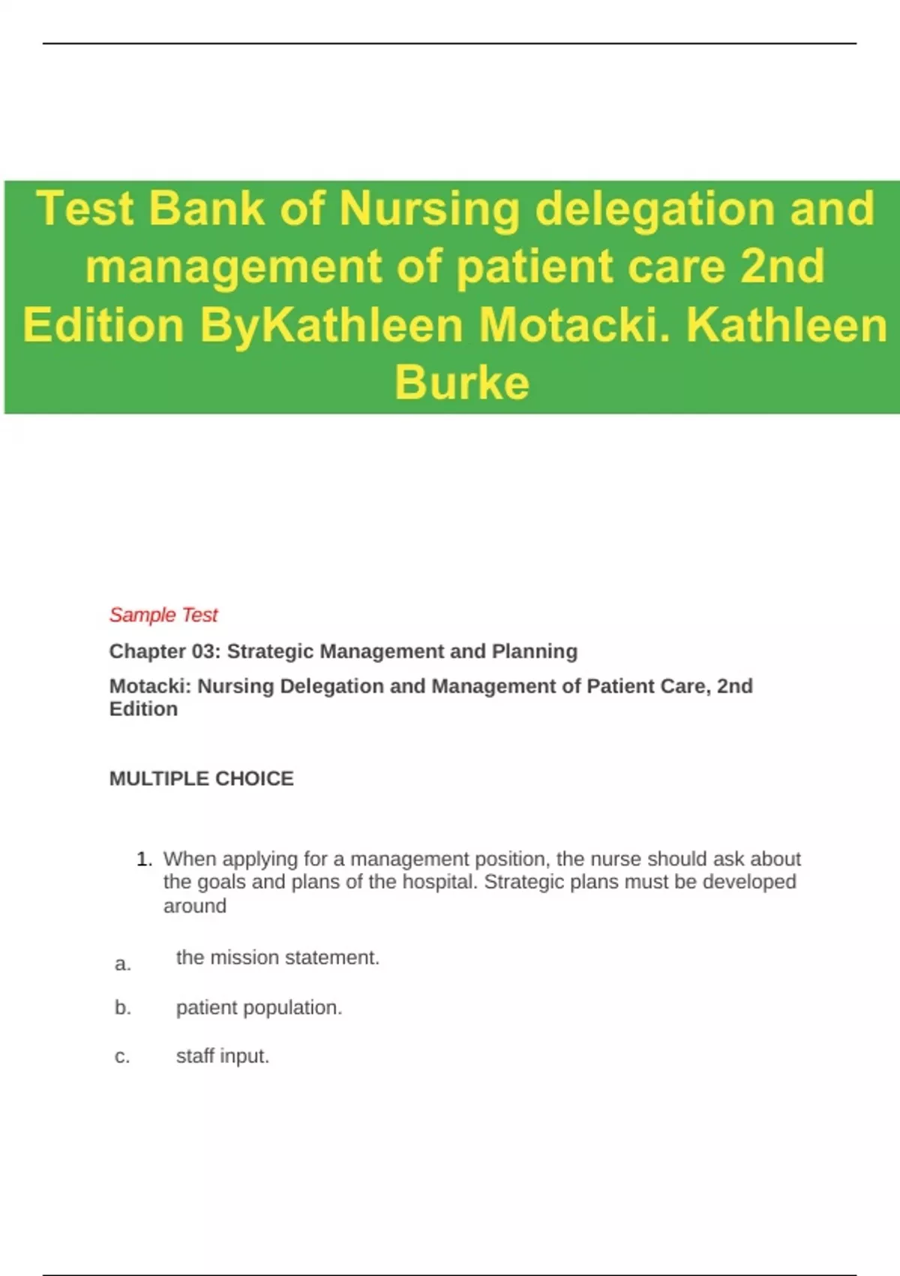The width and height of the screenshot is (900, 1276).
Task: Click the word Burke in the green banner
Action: point(462,383)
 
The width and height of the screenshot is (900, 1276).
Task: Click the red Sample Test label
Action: point(163,615)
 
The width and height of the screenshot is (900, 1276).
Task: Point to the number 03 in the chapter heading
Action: point(204,652)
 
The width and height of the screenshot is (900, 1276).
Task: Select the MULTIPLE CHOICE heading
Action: point(201,778)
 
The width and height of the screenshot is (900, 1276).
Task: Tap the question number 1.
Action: point(143,859)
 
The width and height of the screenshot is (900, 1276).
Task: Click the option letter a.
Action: point(122,965)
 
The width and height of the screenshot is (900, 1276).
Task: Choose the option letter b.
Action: point(122,1008)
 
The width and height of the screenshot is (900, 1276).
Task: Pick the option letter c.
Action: point(122,1057)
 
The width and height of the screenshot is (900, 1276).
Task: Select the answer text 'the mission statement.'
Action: point(277,958)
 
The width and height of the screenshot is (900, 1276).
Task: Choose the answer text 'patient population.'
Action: point(259,1008)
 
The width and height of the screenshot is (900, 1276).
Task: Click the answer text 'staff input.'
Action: point(222,1056)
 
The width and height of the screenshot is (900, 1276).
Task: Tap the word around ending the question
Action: point(195,906)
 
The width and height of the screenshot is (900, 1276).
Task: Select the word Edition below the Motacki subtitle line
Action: point(143,709)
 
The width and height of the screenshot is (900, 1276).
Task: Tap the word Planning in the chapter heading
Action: point(535,652)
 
